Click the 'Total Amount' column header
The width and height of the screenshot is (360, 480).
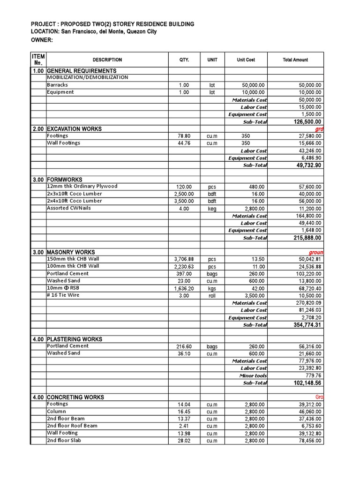[x=295, y=60]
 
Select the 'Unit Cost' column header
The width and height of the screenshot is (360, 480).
[x=246, y=60]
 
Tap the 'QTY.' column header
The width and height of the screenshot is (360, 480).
[x=184, y=60]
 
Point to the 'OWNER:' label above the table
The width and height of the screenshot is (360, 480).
[x=42, y=40]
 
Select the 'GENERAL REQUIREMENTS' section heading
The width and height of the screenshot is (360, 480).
[x=82, y=71]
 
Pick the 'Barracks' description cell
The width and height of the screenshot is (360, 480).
[x=57, y=85]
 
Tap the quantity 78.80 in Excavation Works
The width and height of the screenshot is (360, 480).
[x=184, y=136]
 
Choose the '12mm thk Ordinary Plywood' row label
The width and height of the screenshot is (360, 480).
[x=82, y=187]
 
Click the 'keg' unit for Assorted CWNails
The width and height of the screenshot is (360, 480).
[x=212, y=209]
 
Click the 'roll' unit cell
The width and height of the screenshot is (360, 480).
[x=212, y=296]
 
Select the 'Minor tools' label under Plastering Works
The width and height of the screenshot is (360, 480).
[x=253, y=375]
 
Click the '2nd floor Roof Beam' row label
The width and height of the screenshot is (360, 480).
[x=72, y=426]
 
